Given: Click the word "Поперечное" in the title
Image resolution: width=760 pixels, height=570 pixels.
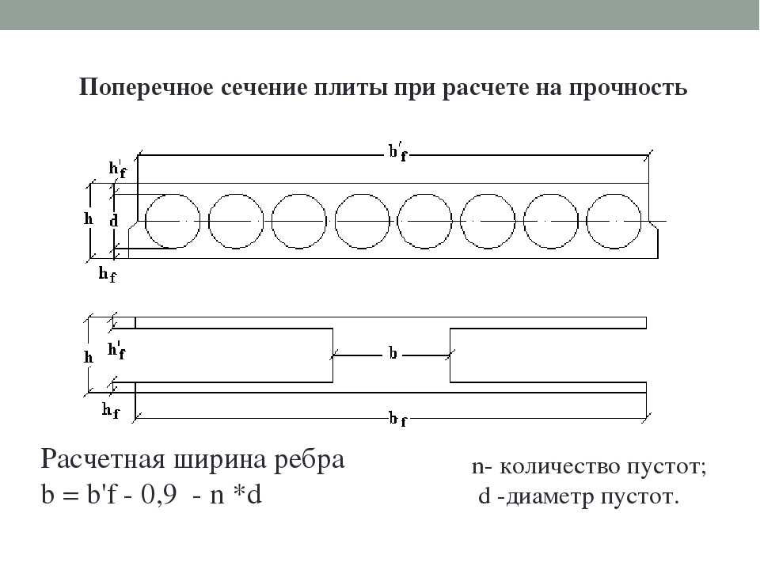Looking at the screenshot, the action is (146, 88).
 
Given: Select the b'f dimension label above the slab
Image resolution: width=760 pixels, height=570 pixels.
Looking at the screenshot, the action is (398, 152).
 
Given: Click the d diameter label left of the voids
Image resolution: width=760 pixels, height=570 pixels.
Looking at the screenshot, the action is (114, 221).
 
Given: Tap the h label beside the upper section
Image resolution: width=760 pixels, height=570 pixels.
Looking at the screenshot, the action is (88, 219).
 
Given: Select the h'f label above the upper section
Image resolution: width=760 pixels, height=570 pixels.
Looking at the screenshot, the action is (117, 169).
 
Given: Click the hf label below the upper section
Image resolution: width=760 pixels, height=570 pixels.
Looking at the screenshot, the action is (108, 275).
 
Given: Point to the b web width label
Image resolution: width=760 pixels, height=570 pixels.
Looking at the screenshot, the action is (393, 353).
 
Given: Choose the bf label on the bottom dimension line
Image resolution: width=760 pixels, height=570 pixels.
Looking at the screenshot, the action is (398, 420).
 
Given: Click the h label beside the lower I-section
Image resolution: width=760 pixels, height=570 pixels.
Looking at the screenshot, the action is (88, 357).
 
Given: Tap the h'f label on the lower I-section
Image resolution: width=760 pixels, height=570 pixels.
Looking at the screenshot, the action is (116, 350).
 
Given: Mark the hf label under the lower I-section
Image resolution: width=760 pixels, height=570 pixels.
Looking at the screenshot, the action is (111, 411).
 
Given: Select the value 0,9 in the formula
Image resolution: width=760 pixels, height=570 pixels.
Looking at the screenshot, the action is (158, 496).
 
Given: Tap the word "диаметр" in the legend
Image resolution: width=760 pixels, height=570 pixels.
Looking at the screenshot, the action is (549, 497).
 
